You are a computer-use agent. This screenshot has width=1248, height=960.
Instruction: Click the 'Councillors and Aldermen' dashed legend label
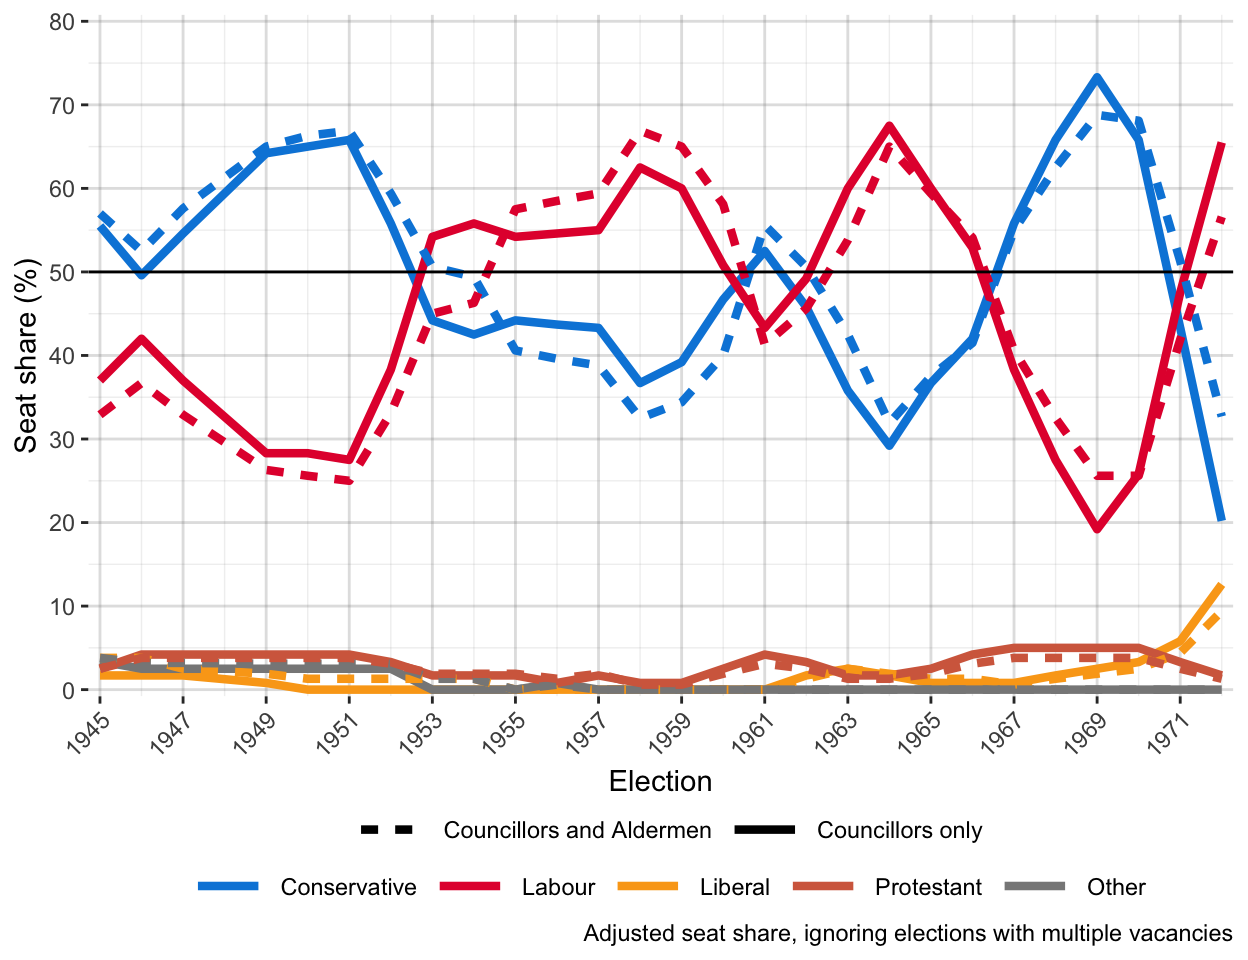click(577, 830)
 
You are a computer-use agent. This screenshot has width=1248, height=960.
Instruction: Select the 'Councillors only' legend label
click(899, 830)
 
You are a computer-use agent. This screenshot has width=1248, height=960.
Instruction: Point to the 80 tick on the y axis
click(62, 22)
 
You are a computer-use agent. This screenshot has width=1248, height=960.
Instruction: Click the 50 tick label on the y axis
click(62, 272)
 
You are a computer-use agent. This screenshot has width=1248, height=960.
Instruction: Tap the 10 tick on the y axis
click(62, 607)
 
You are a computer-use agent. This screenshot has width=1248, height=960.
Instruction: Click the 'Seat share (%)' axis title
click(26, 355)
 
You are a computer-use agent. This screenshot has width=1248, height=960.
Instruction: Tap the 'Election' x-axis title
click(660, 781)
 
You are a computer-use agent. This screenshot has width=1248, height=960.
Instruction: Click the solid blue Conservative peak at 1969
click(1097, 77)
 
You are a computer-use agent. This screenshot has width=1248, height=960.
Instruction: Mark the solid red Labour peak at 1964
click(889, 126)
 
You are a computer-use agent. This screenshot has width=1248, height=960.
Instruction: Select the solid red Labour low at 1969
click(1097, 528)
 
